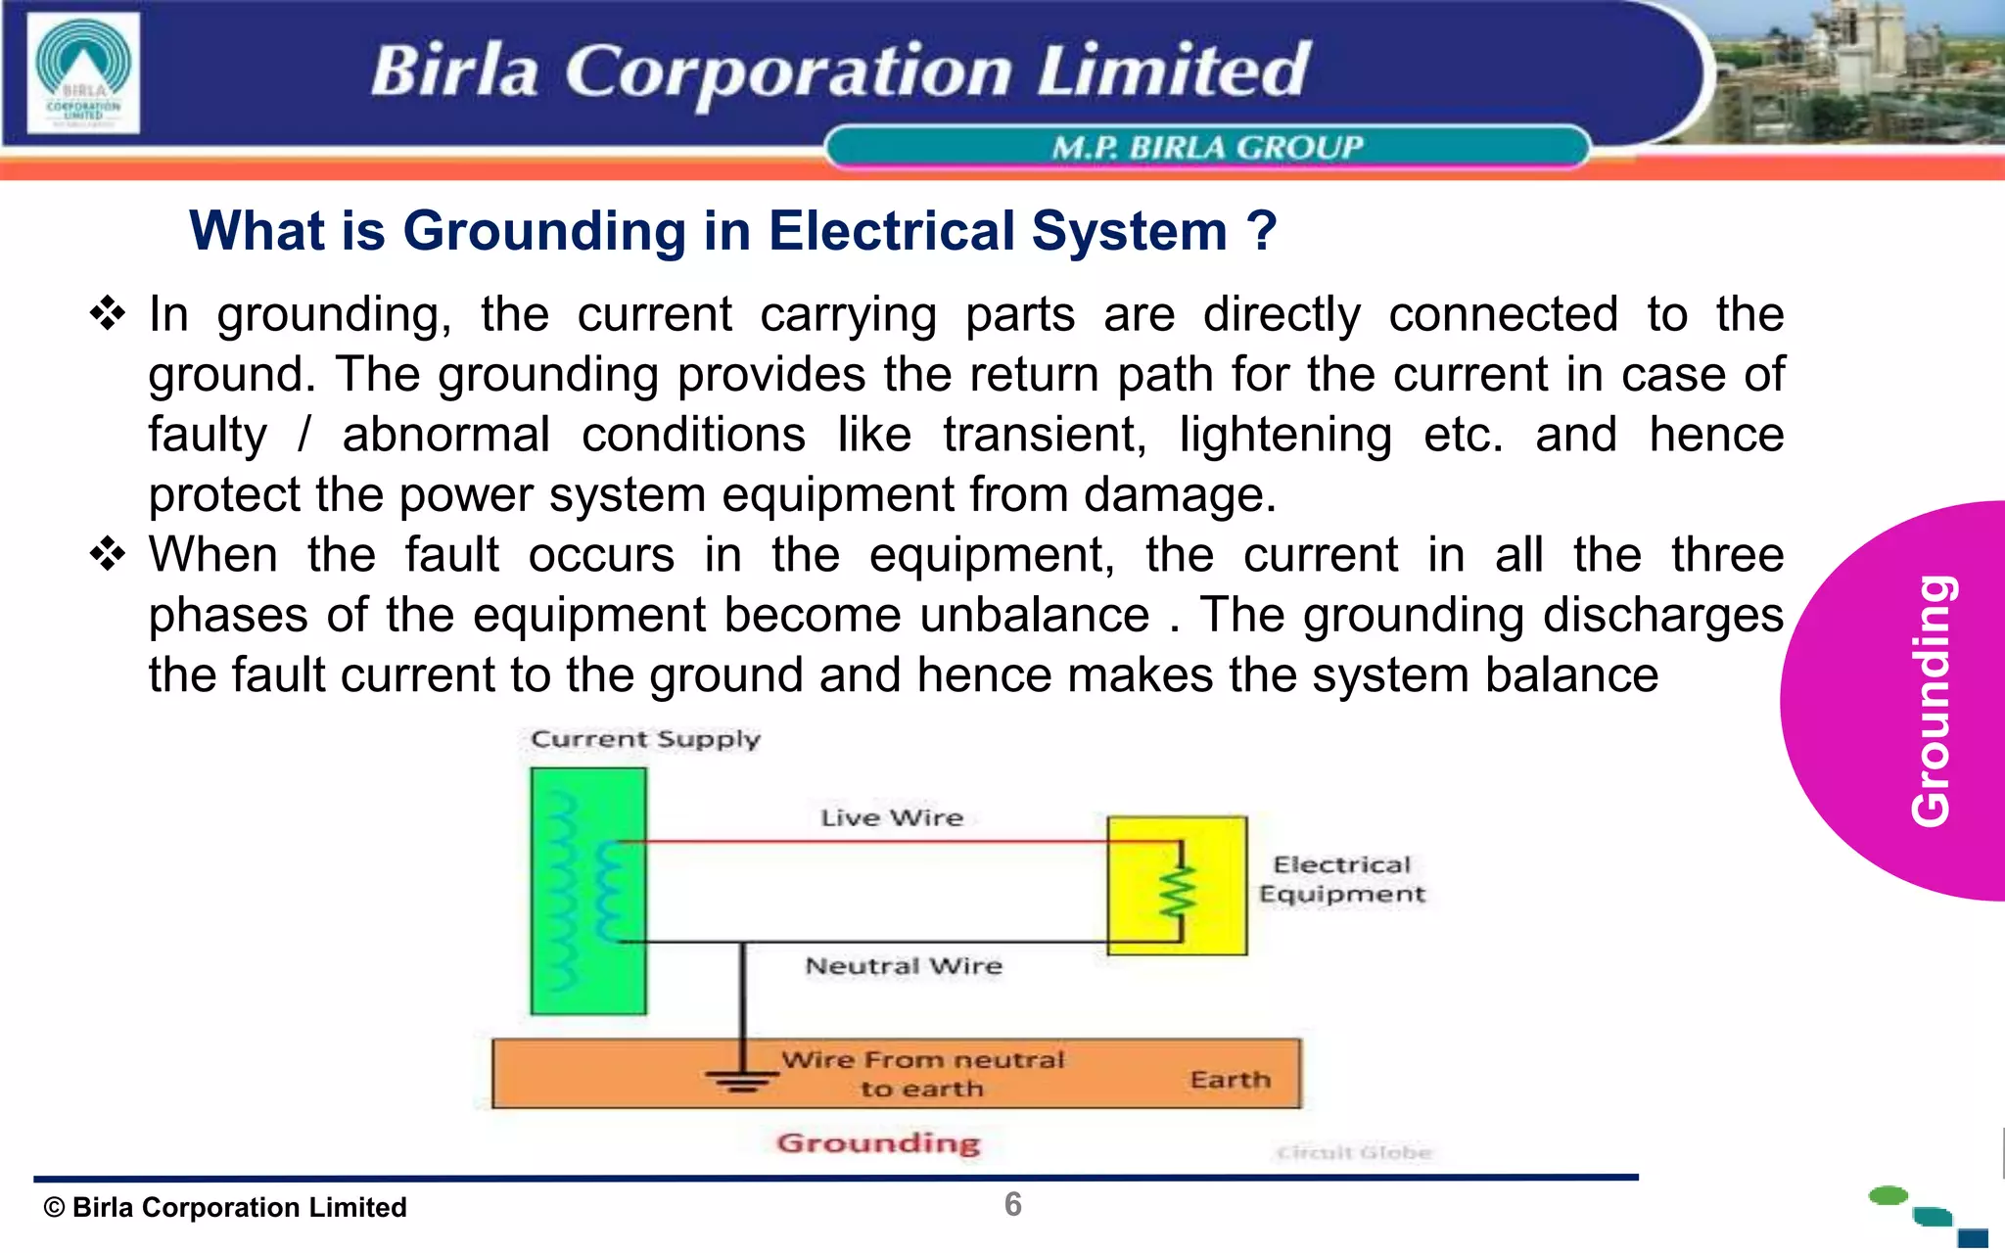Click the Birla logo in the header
pos(83,73)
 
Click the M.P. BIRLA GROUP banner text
pos(1207,148)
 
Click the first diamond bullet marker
pos(108,314)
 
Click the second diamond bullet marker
pos(108,555)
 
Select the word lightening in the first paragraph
pos(1284,435)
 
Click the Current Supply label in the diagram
pos(645,739)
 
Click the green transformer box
pos(587,891)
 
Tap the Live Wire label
pos(892,817)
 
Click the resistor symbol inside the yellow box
pos(1178,892)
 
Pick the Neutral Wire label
pos(904,966)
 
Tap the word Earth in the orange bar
pos(1231,1080)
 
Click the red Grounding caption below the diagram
pos(878,1143)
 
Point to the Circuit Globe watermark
pos(1354,1153)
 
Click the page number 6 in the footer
pos(1013,1205)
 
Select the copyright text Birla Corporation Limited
pos(226,1208)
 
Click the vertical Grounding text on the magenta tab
pos(1933,701)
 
